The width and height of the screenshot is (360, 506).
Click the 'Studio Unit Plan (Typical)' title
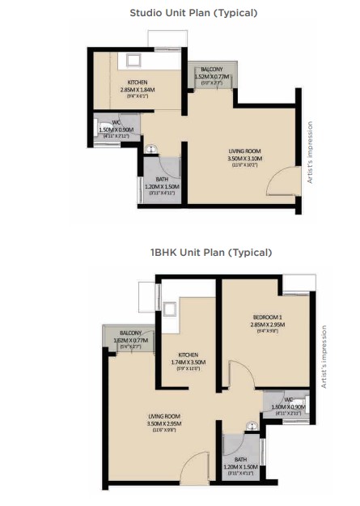[x=193, y=13]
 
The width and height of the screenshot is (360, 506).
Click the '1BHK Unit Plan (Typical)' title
[x=193, y=253]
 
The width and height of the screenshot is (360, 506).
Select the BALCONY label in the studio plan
[x=212, y=70]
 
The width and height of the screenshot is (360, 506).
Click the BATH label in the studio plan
[x=162, y=180]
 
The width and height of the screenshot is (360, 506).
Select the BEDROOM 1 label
[x=267, y=317]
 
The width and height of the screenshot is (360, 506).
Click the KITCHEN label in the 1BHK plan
[x=188, y=353]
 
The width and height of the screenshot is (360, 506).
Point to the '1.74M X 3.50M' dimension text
[x=188, y=361]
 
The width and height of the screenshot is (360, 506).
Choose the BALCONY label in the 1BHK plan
[x=130, y=334]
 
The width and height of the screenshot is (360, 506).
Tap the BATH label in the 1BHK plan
[x=242, y=460]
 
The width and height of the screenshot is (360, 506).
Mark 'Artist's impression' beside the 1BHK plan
[x=324, y=357]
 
